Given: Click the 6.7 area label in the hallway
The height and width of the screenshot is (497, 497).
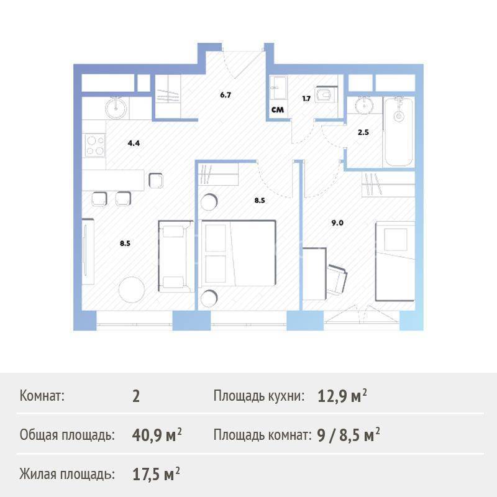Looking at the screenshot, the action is click(226, 95).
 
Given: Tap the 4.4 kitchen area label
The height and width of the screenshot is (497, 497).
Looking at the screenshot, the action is click(134, 144).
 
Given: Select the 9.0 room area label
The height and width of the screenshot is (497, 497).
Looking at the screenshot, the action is click(337, 223).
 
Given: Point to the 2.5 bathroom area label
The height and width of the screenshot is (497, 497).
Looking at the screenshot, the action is click(363, 132).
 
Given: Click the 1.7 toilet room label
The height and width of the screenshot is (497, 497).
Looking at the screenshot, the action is click(306, 99).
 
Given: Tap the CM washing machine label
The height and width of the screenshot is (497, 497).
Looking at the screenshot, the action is click(278, 110).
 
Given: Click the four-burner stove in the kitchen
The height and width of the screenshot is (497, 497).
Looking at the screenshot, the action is click(94, 145).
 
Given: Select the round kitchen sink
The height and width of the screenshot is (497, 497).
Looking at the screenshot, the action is click(116, 107).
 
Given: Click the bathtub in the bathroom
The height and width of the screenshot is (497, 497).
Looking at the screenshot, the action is click(399, 132).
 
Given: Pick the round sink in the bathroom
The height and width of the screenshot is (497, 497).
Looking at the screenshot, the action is click(364, 105).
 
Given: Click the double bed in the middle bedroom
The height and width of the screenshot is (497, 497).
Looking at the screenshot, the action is click(239, 253).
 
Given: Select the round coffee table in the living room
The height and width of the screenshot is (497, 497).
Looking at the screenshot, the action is click(132, 290).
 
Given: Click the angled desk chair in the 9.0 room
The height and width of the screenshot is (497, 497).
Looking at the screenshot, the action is click(337, 280).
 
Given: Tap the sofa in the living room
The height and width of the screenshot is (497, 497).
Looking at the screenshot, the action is click(176, 257).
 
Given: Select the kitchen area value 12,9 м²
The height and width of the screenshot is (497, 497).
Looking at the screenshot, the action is click(342, 396).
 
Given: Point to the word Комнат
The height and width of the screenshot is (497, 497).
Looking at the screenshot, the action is click(42, 396).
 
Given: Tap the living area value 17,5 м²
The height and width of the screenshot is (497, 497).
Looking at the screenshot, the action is click(157, 475).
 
